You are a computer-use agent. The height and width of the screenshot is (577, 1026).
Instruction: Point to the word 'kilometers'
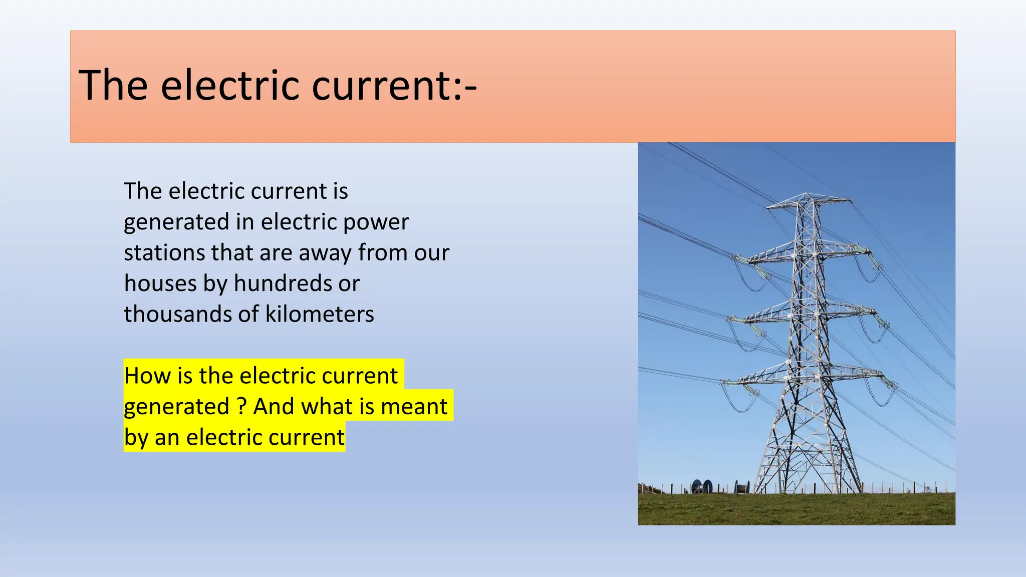pos(319,315)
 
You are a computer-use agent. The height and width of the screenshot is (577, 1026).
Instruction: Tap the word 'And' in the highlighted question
pos(274,407)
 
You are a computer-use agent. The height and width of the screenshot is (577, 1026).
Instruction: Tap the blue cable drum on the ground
pos(702,486)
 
